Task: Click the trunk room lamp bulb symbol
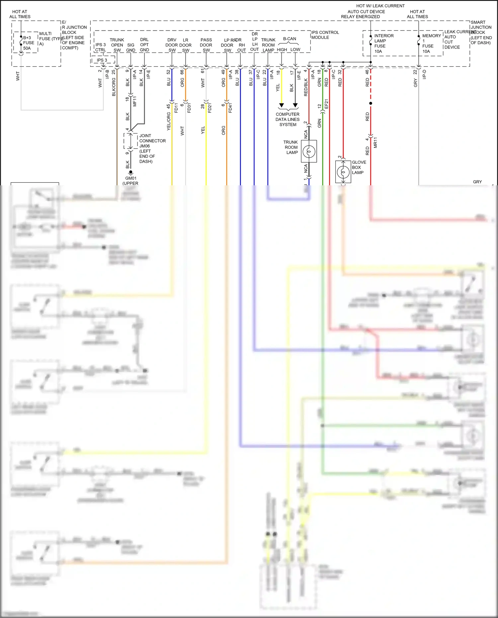(x=309, y=151)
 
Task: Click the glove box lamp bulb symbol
(x=343, y=172)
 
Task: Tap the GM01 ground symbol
(x=131, y=172)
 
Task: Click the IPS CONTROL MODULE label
(x=325, y=35)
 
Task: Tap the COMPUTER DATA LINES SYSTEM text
(x=288, y=119)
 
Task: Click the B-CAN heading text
(x=290, y=39)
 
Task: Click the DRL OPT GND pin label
(x=144, y=45)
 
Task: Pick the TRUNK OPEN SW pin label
(x=117, y=45)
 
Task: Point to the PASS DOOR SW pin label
(x=206, y=45)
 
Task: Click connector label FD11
(x=176, y=108)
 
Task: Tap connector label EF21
(x=326, y=104)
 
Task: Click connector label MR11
(x=375, y=142)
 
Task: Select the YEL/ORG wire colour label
(x=168, y=121)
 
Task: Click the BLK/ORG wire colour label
(x=114, y=87)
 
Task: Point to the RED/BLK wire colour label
(x=306, y=87)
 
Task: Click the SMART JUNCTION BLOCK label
(x=481, y=32)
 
